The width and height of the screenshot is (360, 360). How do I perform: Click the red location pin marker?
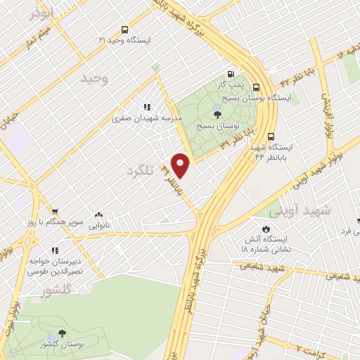tap(181, 166)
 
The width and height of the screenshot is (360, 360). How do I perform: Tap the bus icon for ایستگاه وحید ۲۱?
tap(124, 30)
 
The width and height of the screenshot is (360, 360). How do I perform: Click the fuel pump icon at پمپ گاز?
tap(230, 74)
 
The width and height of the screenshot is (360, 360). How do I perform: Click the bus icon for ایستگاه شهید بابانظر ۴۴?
tap(271, 138)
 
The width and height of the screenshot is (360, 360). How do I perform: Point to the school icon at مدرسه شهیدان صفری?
tap(146, 107)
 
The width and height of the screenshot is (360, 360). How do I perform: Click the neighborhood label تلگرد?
tap(140, 171)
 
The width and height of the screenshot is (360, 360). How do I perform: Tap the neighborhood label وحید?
tap(95, 78)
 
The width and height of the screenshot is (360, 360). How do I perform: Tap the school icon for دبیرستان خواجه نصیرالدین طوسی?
tap(55, 250)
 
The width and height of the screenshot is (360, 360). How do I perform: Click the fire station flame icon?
tap(265, 229)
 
